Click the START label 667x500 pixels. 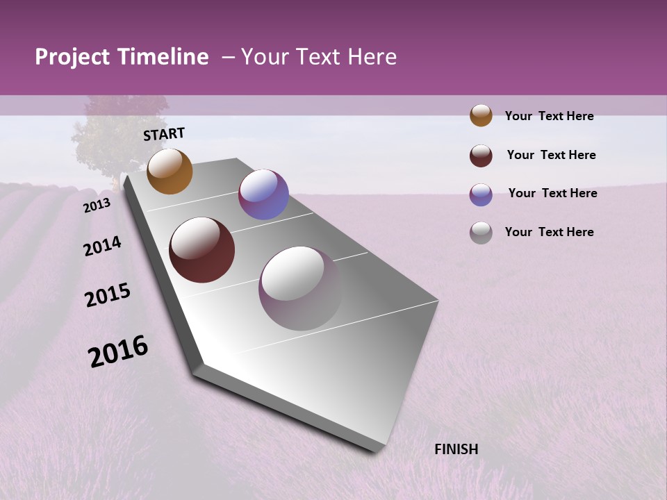pos(164,134)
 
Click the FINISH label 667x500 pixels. pos(456,449)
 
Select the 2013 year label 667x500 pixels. pos(97,205)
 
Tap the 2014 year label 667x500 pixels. pos(102,246)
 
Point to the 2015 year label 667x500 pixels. pos(108,295)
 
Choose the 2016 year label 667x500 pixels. pos(118,351)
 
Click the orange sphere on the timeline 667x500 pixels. pos(170,172)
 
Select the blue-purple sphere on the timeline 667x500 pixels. pos(263,194)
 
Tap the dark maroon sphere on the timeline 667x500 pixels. pos(201,250)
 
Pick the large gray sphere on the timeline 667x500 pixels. pos(300,287)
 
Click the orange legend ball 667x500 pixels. pos(481,116)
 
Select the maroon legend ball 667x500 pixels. pos(481,156)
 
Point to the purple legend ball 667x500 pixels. pos(481,194)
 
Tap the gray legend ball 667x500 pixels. pos(481,233)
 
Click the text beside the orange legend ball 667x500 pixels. pos(549,116)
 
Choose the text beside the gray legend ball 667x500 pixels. pos(549,232)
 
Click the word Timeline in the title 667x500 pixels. pos(163,57)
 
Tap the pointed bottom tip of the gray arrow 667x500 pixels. pos(375,450)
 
